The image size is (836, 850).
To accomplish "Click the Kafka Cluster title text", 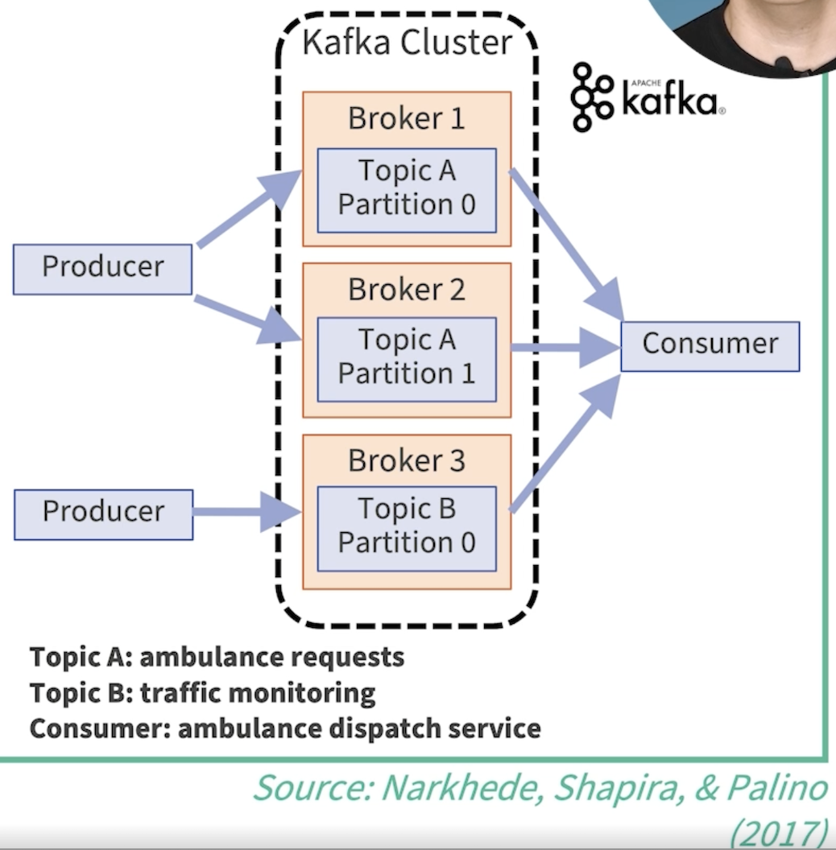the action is [x=407, y=42].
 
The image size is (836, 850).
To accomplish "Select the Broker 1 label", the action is [x=407, y=118].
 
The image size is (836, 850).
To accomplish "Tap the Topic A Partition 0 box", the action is [x=407, y=190].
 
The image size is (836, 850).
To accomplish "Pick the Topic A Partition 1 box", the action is [x=407, y=360].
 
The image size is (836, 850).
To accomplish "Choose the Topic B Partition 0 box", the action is [x=407, y=529].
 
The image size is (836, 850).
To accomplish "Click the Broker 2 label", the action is [x=407, y=290].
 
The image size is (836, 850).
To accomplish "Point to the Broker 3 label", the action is [x=407, y=460].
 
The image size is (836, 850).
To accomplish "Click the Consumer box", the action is [x=710, y=346].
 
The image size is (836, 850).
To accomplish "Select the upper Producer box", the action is [x=102, y=270].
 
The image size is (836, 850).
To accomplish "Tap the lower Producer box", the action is [x=104, y=514].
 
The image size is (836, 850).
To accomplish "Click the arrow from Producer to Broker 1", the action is [x=249, y=208].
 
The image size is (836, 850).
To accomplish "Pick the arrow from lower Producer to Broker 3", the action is [x=247, y=512].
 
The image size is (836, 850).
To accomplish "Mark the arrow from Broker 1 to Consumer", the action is [x=566, y=244].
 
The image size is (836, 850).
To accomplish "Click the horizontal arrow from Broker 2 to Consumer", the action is [x=566, y=348].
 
